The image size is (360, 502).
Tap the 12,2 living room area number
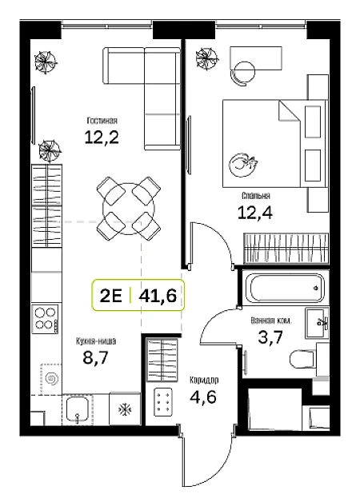click(x=102, y=137)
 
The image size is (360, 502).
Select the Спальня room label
click(x=255, y=195)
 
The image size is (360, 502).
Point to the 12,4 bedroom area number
click(x=255, y=213)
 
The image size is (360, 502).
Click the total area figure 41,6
click(x=158, y=296)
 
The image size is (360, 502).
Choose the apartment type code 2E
click(x=111, y=296)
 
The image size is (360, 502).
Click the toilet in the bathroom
click(x=303, y=359)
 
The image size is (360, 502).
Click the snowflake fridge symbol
click(x=125, y=408)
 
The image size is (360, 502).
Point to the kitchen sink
click(x=77, y=410)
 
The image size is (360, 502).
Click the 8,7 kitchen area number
click(x=96, y=357)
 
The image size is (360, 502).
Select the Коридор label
click(x=204, y=380)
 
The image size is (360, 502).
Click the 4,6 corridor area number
click(x=203, y=397)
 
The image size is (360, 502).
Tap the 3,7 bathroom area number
click(x=270, y=337)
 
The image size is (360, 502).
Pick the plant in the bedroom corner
click(x=207, y=58)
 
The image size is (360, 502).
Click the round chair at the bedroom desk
click(x=244, y=74)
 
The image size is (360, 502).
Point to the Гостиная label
click(x=102, y=121)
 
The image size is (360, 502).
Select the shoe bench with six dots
click(x=163, y=402)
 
